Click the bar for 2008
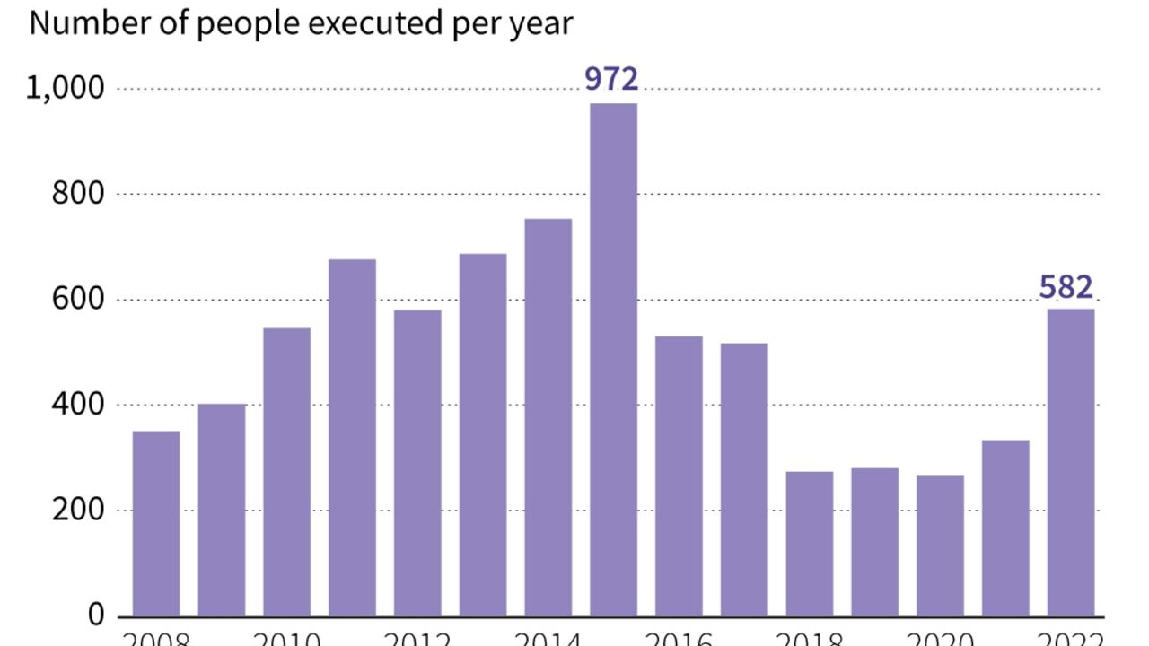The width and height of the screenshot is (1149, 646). pos(156,524)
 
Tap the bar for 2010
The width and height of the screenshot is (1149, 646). pos(287,472)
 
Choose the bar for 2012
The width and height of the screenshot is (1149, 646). pos(417,463)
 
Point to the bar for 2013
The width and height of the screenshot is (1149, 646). pos(483,435)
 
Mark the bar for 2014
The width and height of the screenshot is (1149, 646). pos(548,417)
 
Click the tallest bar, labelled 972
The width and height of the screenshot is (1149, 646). pos(613,360)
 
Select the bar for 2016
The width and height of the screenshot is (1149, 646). pos(679,476)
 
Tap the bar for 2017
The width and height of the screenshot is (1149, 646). pos(744,480)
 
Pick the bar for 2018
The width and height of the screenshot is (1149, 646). pos(810,544)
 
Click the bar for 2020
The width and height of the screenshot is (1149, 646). pos(940,546)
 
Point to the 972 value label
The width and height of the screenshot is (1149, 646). pos(611,80)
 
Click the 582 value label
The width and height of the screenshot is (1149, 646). pos(1066,288)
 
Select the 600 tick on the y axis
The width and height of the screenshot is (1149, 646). pos(78,300)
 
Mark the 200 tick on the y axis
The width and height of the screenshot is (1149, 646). pos(78,511)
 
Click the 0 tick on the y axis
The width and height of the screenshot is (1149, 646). pos(96,616)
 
